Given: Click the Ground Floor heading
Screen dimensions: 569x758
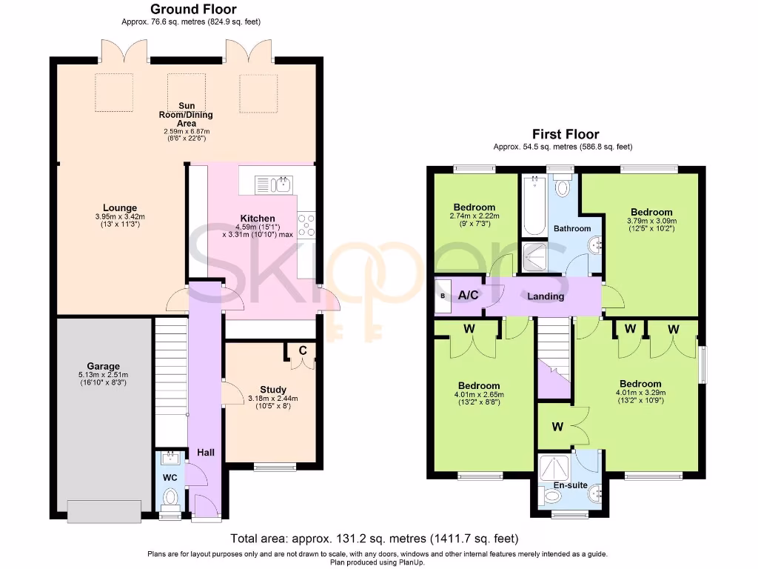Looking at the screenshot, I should pos(193,10).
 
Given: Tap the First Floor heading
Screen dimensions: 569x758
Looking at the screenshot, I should pos(566,134).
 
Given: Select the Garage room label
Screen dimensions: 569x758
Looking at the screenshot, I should pos(103,366).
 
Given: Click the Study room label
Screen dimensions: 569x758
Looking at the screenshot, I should pos(272,390).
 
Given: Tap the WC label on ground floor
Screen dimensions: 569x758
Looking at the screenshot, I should pos(170,478).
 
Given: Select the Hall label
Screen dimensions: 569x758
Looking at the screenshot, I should pos(205,452).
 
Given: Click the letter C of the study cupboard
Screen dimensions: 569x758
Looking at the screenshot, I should pos(302,350).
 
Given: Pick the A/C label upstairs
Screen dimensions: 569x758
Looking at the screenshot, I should pos(468,295).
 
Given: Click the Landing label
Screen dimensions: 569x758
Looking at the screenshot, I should pos(546,296).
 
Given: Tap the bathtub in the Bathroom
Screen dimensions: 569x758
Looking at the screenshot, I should pos(532,205).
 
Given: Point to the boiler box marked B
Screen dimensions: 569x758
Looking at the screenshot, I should pos(443,295).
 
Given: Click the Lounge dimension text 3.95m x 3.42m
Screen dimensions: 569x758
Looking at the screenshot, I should pos(120,216).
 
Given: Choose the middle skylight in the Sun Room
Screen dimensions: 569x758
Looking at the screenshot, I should pos(181,90).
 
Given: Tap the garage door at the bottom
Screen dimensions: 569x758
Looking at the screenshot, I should pos(104,510).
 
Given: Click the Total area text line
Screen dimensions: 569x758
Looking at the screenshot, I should pos(374,539).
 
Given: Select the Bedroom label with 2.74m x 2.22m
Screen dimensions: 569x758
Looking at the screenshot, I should pos(474,207).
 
